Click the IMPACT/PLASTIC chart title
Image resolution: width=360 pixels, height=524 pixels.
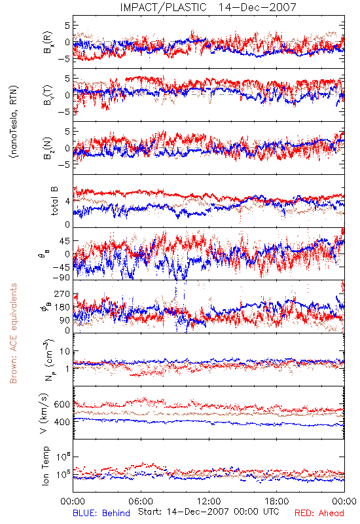[208, 7]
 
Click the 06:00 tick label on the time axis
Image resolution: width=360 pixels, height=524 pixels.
[141, 501]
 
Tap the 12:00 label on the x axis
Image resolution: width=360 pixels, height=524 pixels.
[209, 501]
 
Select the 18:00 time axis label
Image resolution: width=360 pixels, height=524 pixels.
[277, 501]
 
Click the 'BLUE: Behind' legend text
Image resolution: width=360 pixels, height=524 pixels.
[101, 513]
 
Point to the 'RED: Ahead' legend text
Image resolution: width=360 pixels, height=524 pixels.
[319, 513]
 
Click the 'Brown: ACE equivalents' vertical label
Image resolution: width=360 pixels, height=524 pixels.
[13, 333]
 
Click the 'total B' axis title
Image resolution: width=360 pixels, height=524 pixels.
[54, 201]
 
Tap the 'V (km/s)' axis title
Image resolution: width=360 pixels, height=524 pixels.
[45, 413]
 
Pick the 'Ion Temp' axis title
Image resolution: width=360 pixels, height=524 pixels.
[45, 466]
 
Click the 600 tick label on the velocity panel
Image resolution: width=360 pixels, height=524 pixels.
[62, 404]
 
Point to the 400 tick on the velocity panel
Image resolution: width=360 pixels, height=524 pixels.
[62, 422]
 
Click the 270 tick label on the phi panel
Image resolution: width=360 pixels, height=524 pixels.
[62, 294]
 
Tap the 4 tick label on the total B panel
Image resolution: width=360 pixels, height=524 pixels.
[68, 202]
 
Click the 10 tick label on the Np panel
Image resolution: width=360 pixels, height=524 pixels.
[65, 352]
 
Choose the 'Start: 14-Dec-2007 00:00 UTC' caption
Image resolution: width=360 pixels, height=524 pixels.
[207, 512]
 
